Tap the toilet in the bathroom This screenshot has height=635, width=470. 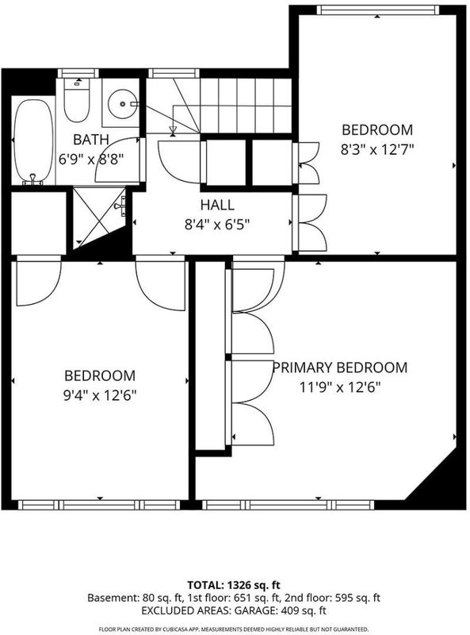click(76, 100)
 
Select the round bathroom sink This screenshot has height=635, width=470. click(122, 104)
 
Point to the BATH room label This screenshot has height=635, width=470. click(91, 140)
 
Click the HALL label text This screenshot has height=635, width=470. click(217, 205)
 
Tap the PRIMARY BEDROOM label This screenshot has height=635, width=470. click(340, 368)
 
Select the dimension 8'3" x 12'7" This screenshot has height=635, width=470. click(377, 150)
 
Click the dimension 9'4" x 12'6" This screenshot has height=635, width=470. click(100, 395)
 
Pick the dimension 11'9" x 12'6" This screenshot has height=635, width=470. click(340, 387)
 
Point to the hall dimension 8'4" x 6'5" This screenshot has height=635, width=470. click(217, 225)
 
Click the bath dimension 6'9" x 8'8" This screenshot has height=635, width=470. click(91, 160)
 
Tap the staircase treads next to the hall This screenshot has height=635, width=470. click(246, 106)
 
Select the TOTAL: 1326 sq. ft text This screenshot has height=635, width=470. click(234, 585)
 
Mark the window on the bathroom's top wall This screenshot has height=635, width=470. click(78, 73)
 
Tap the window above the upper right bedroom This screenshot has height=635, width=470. click(377, 10)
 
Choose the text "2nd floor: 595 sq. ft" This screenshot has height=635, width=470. click(332, 598)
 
